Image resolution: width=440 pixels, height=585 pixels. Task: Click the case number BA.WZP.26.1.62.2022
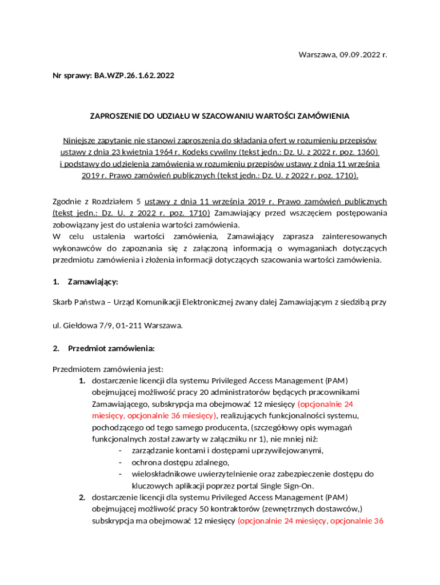click(x=130, y=75)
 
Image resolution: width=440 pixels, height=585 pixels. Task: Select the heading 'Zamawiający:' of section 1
click(x=93, y=282)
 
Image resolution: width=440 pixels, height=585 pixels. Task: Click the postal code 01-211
click(x=129, y=326)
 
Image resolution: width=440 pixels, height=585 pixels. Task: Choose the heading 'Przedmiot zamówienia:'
click(x=111, y=348)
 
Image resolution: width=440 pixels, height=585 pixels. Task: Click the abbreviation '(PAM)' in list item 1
click(x=336, y=380)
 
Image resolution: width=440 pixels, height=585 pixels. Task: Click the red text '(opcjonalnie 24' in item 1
click(x=329, y=404)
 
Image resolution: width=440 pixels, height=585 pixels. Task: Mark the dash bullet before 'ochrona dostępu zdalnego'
click(x=121, y=462)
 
